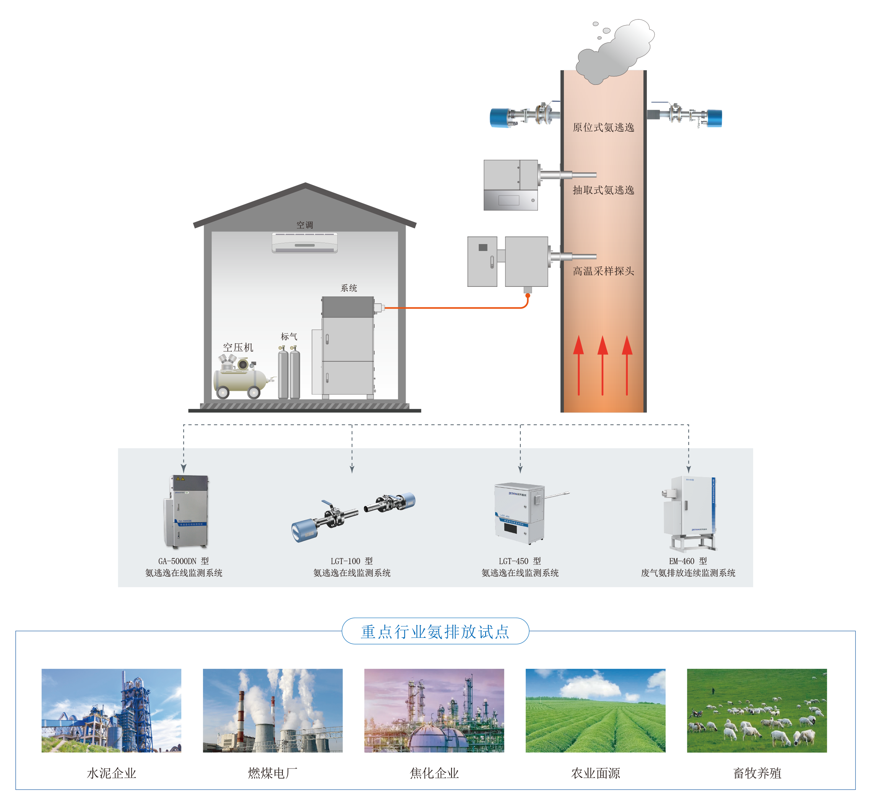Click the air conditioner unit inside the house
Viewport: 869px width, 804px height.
coord(304,242)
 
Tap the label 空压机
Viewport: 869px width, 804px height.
coord(238,347)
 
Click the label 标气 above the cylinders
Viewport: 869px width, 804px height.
coord(289,336)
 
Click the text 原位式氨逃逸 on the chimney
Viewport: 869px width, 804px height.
coord(603,128)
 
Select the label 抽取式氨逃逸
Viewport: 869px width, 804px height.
coord(603,190)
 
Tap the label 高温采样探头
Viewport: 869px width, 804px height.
coord(603,271)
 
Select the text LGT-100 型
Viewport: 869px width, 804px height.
coord(351,561)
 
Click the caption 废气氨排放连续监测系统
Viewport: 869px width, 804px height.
coord(687,573)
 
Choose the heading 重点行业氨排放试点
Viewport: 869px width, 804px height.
coord(435,631)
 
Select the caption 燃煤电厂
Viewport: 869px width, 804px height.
coord(273,773)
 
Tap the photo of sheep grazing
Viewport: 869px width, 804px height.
coord(756,710)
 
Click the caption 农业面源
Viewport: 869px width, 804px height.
coord(595,773)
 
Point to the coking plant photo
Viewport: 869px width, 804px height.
coord(434,710)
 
